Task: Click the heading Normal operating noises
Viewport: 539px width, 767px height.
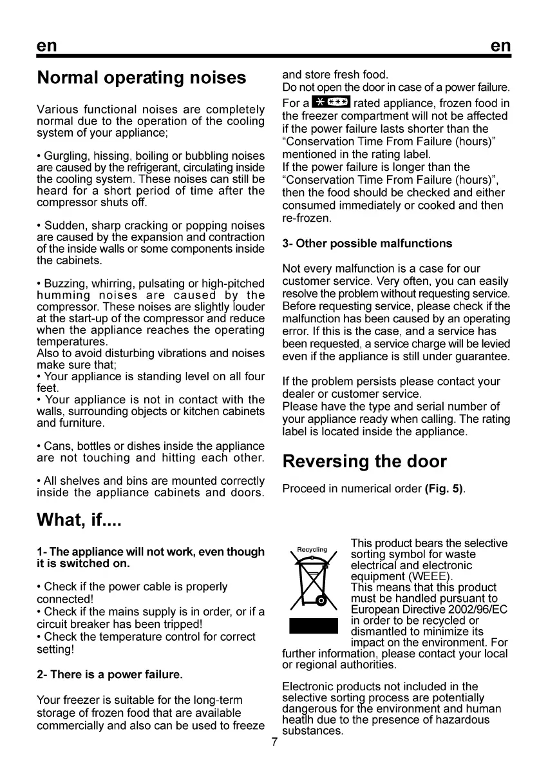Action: coord(142,78)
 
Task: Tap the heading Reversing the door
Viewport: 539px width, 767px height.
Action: coord(364,461)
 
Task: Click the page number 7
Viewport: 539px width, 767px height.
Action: coord(274,742)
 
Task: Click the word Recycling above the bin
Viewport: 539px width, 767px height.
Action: coord(312,550)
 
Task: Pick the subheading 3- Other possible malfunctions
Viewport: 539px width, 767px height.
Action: coord(367,244)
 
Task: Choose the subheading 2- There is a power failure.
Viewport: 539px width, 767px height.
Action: coord(110,675)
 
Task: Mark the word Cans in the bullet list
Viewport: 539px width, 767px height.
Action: coord(55,446)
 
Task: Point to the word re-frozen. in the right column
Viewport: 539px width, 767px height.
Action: coord(307,219)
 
